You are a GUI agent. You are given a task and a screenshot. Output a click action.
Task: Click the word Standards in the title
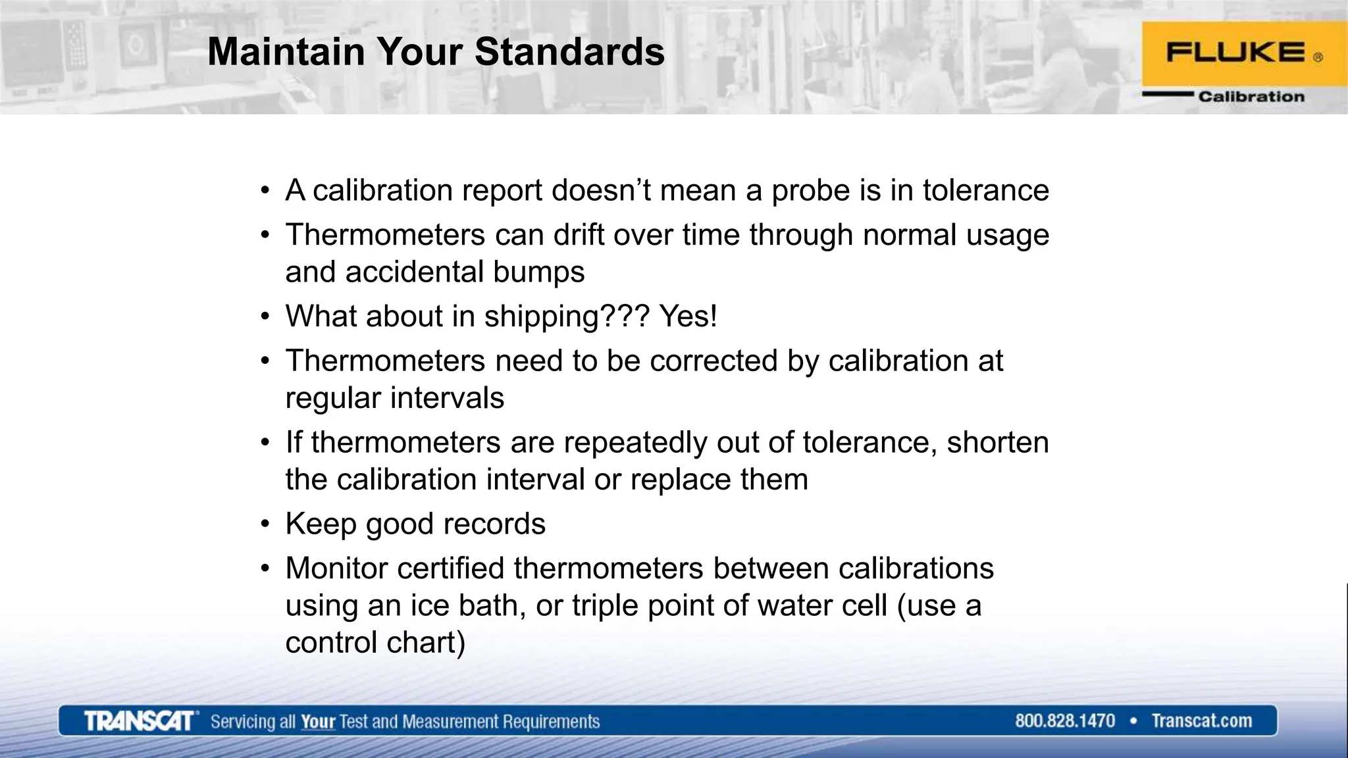[569, 52]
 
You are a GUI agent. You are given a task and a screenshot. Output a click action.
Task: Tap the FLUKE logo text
[1235, 53]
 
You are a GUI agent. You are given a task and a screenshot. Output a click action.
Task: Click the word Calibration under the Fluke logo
[1251, 97]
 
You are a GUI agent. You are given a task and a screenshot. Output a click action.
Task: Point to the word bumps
[538, 272]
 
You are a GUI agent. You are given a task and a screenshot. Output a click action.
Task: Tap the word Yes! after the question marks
[688, 316]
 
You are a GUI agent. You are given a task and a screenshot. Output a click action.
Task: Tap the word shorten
[997, 442]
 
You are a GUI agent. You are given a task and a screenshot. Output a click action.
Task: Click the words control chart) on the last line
[375, 643]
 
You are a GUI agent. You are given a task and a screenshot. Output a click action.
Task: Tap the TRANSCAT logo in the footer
[140, 721]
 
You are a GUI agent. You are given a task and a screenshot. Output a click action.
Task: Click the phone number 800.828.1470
[1064, 721]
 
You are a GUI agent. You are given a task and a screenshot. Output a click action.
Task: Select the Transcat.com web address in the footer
[1201, 721]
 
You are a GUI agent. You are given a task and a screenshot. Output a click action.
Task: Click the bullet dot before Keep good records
[265, 524]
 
